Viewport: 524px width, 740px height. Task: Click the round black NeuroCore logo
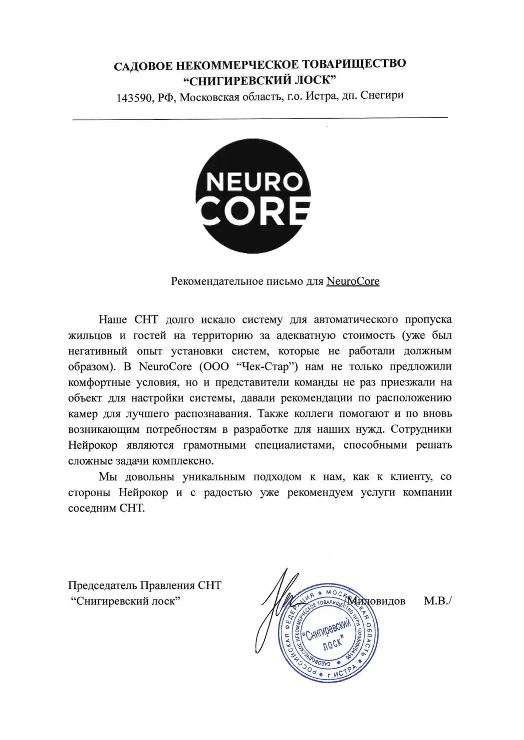click(253, 195)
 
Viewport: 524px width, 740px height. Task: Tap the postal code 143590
click(134, 98)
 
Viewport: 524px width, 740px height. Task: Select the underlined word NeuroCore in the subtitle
click(353, 281)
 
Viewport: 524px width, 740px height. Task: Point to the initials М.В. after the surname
click(437, 601)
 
